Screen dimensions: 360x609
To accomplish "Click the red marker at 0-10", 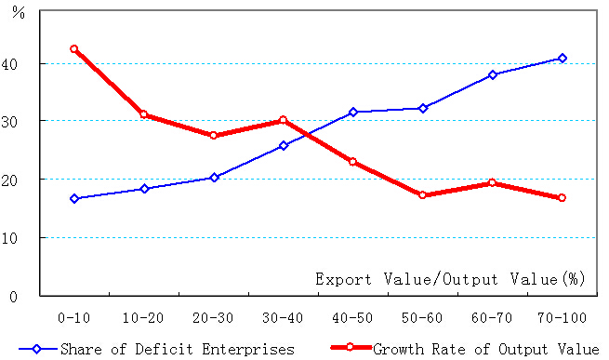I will point(74,49).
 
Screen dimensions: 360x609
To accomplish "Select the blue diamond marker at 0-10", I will point(74,198).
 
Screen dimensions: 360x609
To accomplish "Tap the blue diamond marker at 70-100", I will point(562,58).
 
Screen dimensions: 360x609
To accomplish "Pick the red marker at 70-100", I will point(562,198).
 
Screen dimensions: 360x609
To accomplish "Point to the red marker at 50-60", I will point(423,194).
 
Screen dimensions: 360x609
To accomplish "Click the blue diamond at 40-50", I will point(352,112).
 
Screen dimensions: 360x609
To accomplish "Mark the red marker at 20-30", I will point(214,135).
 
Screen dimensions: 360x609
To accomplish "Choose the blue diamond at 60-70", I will point(493,74).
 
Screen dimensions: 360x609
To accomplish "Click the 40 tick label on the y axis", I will point(21,63).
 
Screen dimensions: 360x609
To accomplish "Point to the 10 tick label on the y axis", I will point(21,237).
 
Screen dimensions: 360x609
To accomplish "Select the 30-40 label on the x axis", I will point(283,317).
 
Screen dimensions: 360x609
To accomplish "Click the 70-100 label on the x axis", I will point(562,317).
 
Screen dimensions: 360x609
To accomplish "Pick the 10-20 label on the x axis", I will point(144,317).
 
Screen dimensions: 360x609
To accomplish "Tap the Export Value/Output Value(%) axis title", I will point(448,278).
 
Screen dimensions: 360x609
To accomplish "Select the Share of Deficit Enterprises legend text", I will point(177,350).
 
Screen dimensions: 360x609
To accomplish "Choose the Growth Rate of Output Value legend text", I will point(484,350).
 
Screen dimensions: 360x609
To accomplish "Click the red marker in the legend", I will point(351,349).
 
